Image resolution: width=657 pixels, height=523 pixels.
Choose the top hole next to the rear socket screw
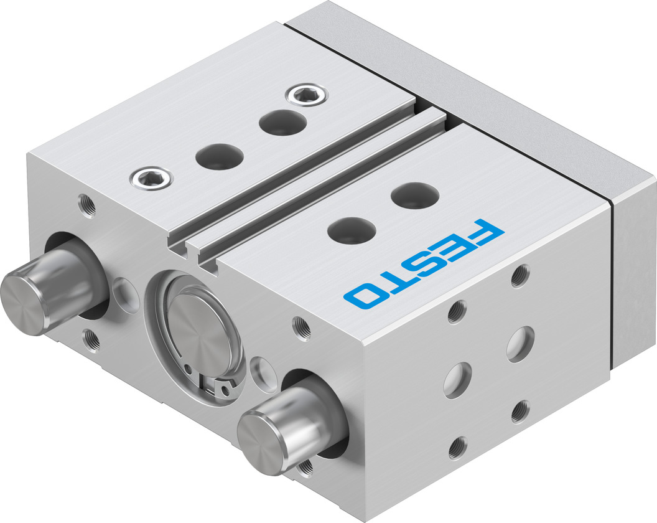[277, 121]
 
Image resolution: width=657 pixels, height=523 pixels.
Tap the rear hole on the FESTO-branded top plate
[415, 196]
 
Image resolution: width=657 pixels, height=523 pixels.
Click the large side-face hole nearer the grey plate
[520, 344]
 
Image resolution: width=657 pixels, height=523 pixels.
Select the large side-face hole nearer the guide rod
[457, 380]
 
